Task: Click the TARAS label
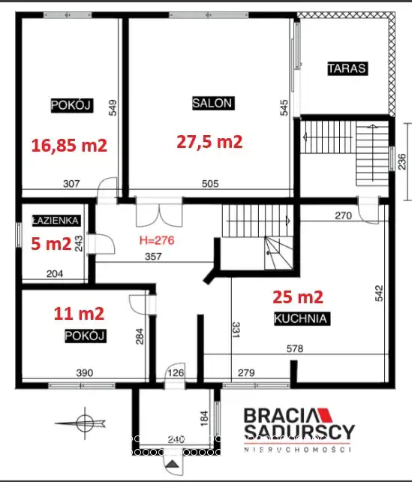[x=347, y=68]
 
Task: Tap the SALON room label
[x=212, y=103]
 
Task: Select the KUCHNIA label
[x=301, y=318]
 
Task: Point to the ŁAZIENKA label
[x=56, y=221]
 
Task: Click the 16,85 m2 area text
[x=69, y=145]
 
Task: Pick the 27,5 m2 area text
[x=209, y=142]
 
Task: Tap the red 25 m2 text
[x=298, y=297]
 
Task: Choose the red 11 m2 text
[x=79, y=314]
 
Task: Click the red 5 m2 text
[x=51, y=244]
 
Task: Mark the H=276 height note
[x=157, y=240]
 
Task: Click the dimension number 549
[x=113, y=107]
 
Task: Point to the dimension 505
[x=210, y=183]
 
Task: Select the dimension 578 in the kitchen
[x=295, y=348]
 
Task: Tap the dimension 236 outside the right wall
[x=401, y=161]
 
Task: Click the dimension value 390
[x=85, y=373]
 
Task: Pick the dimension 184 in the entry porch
[x=204, y=418]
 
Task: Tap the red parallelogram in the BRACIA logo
[x=325, y=414]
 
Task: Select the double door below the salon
[x=159, y=212]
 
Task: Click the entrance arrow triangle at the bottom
[x=173, y=463]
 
